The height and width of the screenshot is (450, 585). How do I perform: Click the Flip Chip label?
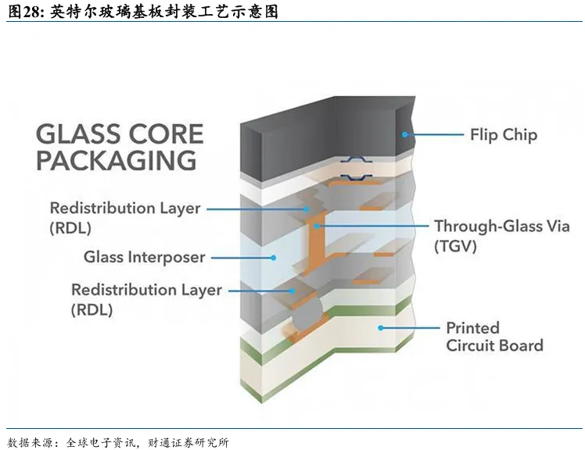click(x=504, y=135)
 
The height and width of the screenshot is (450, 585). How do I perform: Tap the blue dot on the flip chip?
click(x=405, y=134)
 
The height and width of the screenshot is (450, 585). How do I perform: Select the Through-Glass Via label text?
click(x=502, y=227)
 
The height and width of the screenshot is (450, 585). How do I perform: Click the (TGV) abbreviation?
click(x=455, y=246)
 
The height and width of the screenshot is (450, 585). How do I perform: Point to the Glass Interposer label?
click(x=144, y=257)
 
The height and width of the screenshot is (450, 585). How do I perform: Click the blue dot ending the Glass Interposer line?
click(x=274, y=258)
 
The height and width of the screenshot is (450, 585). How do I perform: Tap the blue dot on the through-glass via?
click(x=317, y=226)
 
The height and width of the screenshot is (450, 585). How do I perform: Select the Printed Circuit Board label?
click(x=494, y=337)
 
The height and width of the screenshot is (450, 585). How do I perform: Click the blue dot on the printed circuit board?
click(x=381, y=328)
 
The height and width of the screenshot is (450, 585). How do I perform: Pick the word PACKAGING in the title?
click(x=116, y=160)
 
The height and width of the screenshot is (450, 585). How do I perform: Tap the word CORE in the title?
click(x=166, y=134)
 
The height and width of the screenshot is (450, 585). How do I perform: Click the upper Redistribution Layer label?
click(x=125, y=218)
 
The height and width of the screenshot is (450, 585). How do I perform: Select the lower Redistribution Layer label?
click(x=146, y=299)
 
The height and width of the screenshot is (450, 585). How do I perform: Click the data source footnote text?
click(x=118, y=442)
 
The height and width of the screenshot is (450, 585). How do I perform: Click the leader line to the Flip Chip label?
click(x=434, y=134)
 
